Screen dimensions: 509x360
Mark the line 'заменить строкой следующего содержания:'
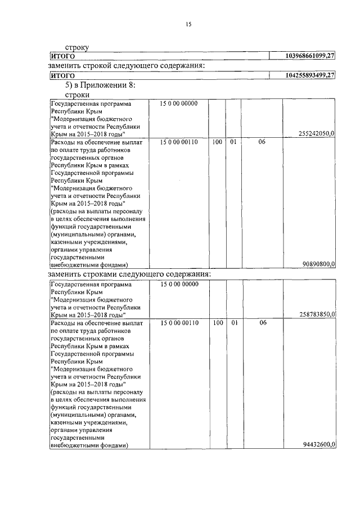pos(125,66)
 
